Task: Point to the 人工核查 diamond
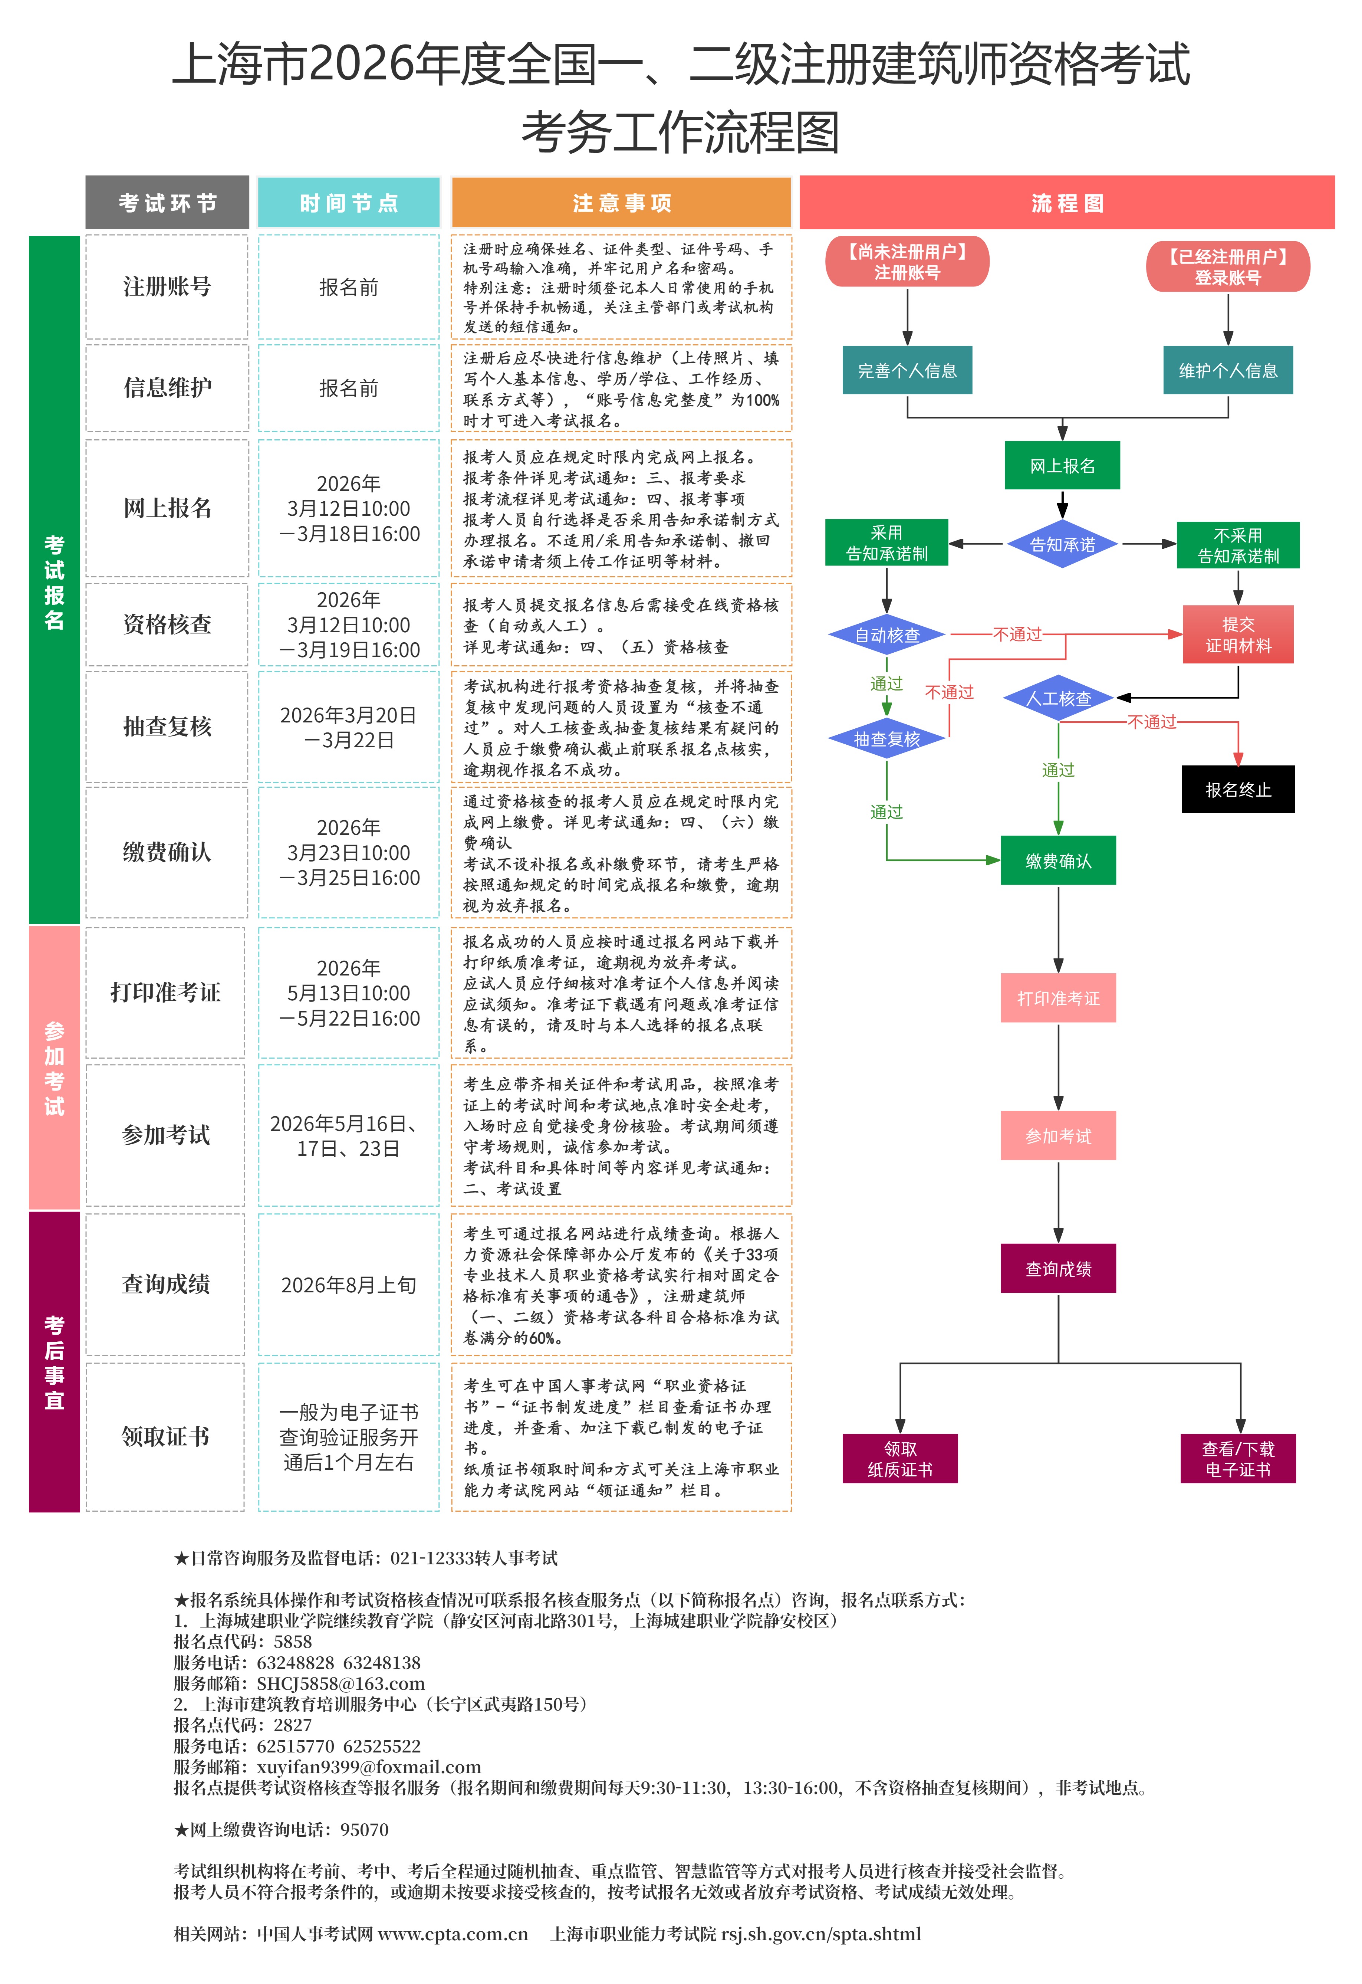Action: click(1058, 698)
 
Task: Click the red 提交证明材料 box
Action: click(1237, 634)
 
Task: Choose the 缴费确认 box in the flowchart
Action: click(1058, 860)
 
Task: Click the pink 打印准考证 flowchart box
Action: click(1058, 998)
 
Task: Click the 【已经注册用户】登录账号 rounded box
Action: click(1227, 266)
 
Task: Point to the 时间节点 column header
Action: click(348, 203)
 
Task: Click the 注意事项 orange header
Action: click(621, 203)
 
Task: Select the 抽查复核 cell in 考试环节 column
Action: click(167, 727)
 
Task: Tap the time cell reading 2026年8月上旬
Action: click(348, 1285)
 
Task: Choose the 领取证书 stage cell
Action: click(165, 1437)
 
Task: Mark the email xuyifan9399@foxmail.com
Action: click(369, 1766)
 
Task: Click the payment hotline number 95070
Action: click(364, 1830)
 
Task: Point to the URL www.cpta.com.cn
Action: click(453, 1934)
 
